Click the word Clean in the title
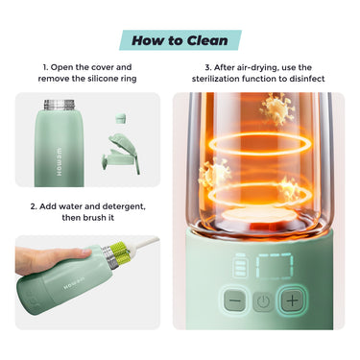[x=207, y=40]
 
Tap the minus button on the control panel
[x=235, y=300]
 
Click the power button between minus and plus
[x=263, y=301]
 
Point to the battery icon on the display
[x=240, y=265]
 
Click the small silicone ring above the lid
[x=120, y=117]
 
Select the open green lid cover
[x=122, y=154]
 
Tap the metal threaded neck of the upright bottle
[x=59, y=105]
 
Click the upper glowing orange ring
[x=257, y=144]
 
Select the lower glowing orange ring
[x=257, y=194]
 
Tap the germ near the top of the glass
[x=276, y=108]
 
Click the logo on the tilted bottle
[x=73, y=283]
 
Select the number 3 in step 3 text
[x=208, y=67]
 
